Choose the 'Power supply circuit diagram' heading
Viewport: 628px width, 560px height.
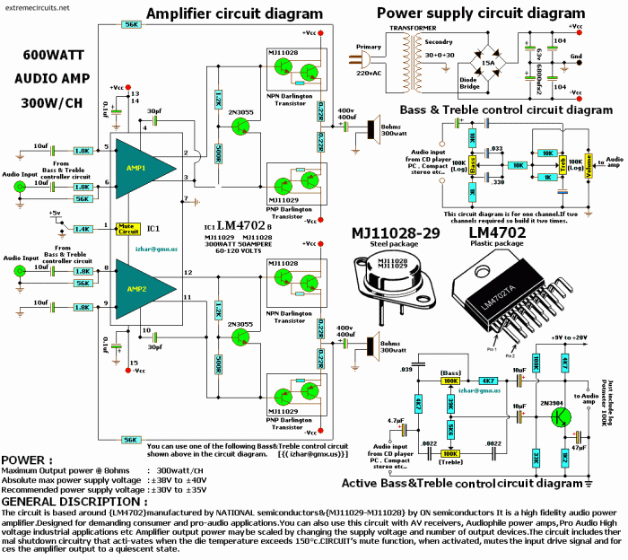[x=479, y=13]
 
